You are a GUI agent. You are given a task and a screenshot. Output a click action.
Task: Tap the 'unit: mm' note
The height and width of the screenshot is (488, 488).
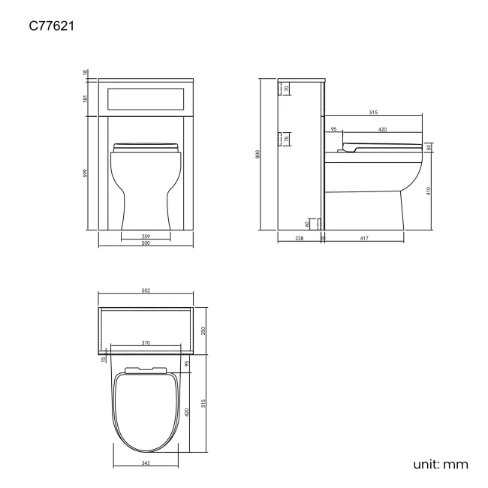point(441,464)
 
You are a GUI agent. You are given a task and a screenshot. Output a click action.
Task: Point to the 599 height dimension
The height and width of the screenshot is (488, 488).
point(86,173)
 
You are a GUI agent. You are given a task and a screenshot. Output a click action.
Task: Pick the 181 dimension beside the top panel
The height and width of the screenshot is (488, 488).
point(86,98)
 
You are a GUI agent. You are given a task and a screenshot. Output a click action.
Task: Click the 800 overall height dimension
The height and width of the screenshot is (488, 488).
point(258,154)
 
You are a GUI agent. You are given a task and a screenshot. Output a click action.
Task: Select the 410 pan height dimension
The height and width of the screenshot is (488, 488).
point(429,191)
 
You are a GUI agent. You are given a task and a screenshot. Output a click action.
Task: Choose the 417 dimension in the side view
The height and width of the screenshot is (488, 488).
point(365,239)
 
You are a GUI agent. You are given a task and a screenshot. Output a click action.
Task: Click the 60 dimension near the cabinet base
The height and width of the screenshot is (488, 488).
point(308,223)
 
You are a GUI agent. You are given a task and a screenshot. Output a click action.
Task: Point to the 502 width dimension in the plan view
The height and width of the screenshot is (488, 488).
point(146,291)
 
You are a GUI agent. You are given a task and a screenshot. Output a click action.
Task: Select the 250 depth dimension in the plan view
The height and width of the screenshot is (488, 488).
point(203,330)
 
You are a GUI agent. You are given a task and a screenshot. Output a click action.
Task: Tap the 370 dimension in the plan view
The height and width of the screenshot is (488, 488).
point(146,343)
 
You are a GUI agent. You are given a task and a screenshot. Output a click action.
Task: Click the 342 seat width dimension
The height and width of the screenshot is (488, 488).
point(146,462)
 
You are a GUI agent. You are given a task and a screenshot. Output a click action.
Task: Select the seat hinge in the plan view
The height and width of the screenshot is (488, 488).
point(146,369)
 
